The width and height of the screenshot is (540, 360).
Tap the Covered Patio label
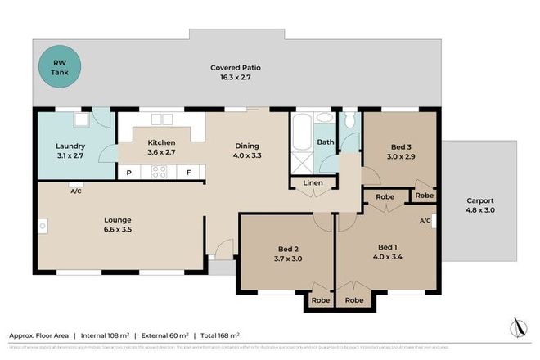[236, 67]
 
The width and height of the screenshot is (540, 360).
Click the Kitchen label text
[161, 141]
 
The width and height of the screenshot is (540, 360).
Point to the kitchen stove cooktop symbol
[159, 172]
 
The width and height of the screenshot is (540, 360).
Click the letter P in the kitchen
[128, 173]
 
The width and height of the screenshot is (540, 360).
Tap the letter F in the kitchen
[188, 173]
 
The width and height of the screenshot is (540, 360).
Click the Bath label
[325, 142]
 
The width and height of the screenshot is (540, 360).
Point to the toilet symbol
[350, 122]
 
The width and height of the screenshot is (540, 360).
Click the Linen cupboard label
[313, 182]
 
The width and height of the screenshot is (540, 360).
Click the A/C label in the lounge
[76, 191]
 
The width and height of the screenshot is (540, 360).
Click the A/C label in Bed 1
[425, 221]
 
